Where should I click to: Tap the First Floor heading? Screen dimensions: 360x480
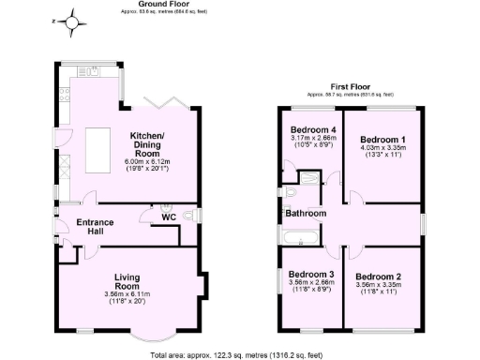coord(351,87)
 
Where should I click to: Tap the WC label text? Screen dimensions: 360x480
coord(169,217)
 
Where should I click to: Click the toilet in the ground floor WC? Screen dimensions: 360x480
coord(190,217)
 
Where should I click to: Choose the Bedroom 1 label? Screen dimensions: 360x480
coord(382,138)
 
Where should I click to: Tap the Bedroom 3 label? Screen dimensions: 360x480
coord(307,278)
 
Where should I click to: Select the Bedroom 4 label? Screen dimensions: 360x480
coord(312,129)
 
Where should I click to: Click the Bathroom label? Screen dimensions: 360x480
coord(307,214)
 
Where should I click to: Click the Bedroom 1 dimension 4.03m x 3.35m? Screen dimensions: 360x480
coord(382,147)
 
